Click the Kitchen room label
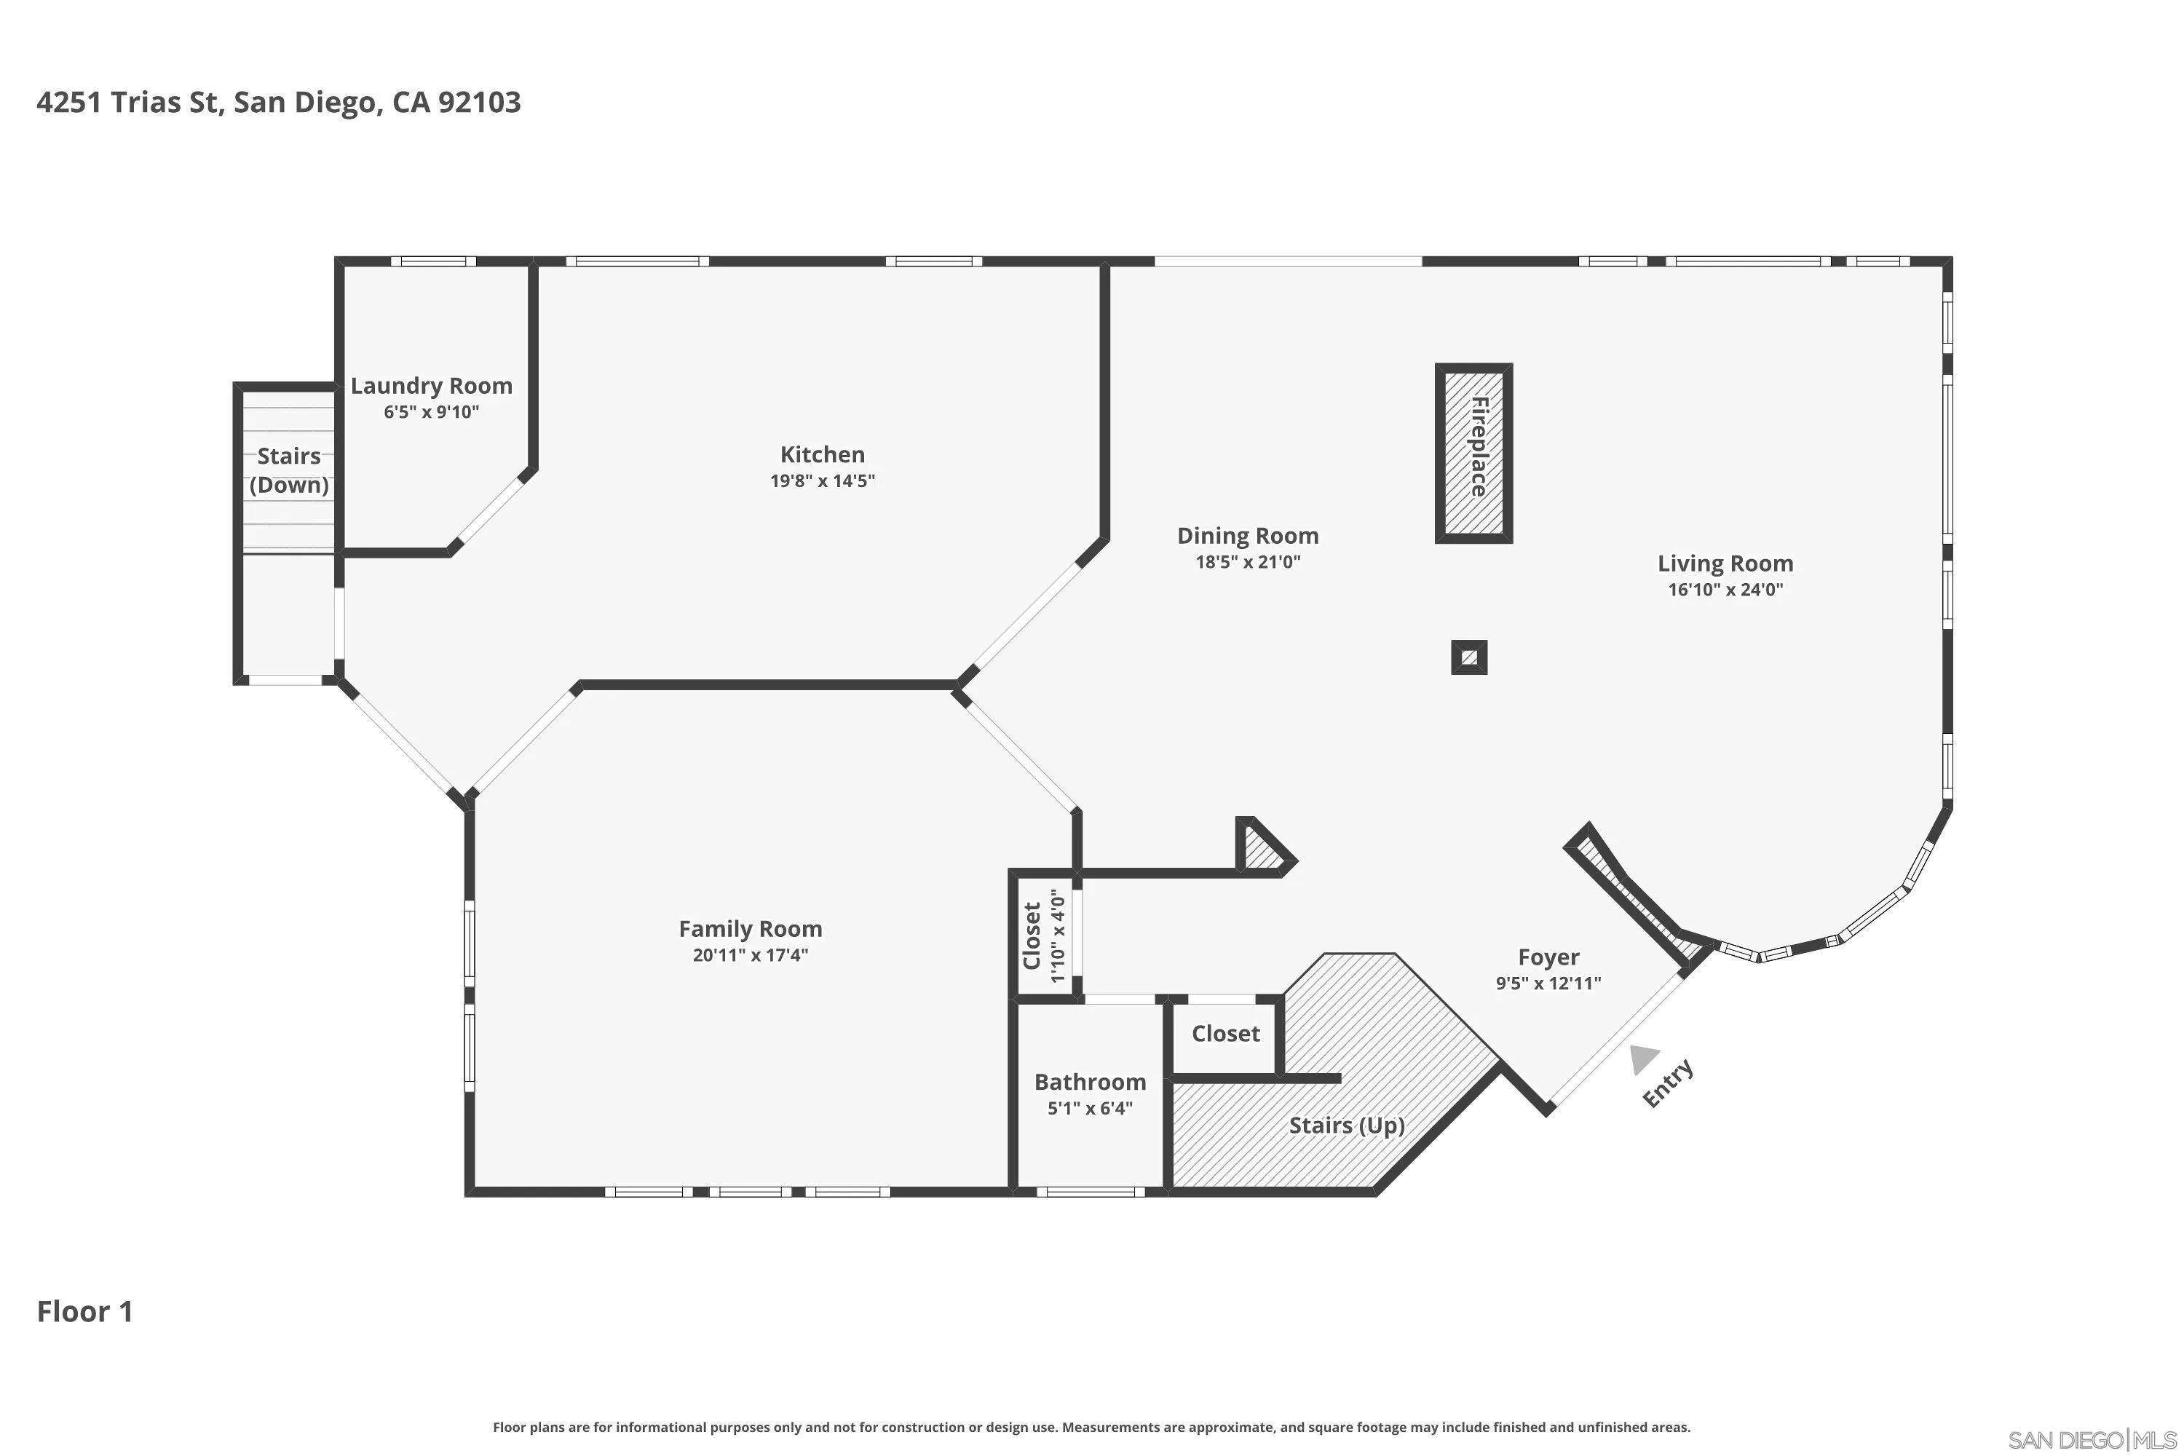point(822,454)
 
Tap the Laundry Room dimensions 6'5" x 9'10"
point(432,411)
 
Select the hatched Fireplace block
point(1473,452)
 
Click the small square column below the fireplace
point(1469,657)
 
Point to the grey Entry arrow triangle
point(1644,1059)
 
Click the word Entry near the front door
point(1668,1083)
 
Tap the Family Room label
point(751,929)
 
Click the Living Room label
point(1725,563)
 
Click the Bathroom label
point(1090,1082)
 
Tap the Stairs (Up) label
point(1346,1125)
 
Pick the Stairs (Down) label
point(289,470)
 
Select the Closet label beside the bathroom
point(1226,1034)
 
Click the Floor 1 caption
point(84,1311)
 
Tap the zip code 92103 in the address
point(479,102)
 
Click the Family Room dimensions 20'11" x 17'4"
point(751,955)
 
